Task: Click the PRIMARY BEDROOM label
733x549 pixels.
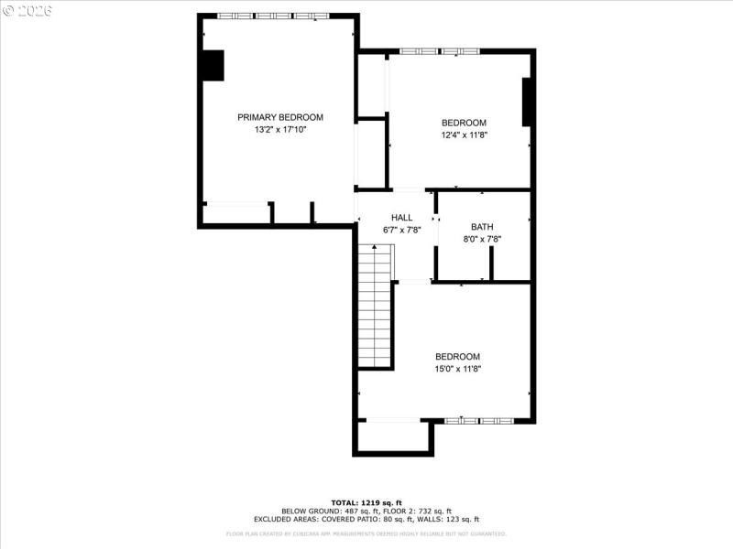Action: (x=280, y=117)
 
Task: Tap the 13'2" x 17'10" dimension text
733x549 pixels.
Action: (x=280, y=130)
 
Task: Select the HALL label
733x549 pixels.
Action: (x=401, y=218)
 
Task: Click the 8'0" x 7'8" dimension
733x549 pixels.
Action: (x=482, y=240)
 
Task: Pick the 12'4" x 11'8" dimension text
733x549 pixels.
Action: (x=464, y=135)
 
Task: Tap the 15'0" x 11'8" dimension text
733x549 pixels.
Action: (x=457, y=369)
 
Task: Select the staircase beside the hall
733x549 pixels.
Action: (x=375, y=307)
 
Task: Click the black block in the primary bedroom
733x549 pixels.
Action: (x=213, y=65)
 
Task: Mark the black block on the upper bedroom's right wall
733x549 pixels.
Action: (x=528, y=102)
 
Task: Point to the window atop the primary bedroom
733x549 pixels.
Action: (x=273, y=16)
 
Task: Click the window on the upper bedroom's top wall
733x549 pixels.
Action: (x=439, y=50)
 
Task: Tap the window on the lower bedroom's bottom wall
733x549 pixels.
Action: (x=481, y=421)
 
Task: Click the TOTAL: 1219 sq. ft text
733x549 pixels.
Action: (x=366, y=503)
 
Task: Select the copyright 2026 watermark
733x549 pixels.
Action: (x=27, y=10)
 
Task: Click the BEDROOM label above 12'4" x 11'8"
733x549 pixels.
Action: (x=464, y=123)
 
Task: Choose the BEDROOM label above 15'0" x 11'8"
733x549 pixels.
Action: (x=457, y=357)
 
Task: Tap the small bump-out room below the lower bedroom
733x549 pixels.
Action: (x=393, y=436)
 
